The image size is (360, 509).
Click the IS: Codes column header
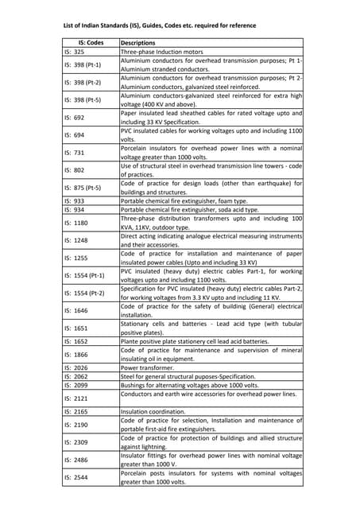tap(91, 42)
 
